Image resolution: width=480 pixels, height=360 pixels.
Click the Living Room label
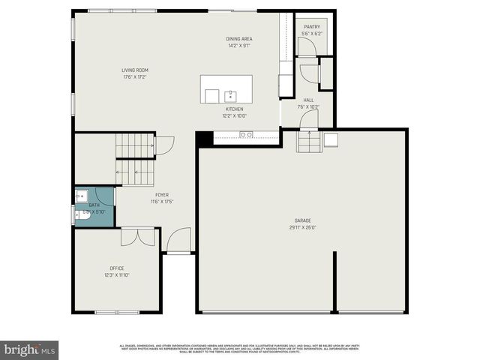pyautogui.click(x=134, y=70)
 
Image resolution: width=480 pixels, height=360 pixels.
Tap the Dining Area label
pyautogui.click(x=239, y=39)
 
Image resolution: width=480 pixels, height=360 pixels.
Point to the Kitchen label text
pyautogui.click(x=234, y=109)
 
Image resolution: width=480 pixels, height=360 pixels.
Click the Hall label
pyautogui.click(x=308, y=100)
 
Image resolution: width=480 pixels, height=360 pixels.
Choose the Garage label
pyautogui.click(x=302, y=220)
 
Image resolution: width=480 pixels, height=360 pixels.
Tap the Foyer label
pyautogui.click(x=161, y=195)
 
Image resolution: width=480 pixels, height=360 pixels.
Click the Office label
pyautogui.click(x=116, y=268)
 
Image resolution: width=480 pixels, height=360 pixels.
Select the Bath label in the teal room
pyautogui.click(x=94, y=205)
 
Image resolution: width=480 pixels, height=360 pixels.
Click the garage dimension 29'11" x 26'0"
pyautogui.click(x=302, y=227)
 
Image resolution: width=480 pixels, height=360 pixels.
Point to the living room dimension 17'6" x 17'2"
pyautogui.click(x=134, y=76)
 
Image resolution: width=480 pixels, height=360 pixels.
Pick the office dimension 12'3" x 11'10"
pyautogui.click(x=116, y=274)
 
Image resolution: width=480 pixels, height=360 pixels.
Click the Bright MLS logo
pyautogui.click(x=29, y=349)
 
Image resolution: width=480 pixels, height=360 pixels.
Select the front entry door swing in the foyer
pyautogui.click(x=178, y=241)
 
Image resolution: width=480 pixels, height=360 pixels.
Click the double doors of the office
pyautogui.click(x=138, y=236)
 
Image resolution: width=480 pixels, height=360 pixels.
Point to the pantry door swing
pyautogui.click(x=307, y=46)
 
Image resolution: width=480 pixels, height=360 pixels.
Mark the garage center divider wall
pyautogui.click(x=334, y=281)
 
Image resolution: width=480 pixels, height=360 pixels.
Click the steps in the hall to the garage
pyautogui.click(x=306, y=141)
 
